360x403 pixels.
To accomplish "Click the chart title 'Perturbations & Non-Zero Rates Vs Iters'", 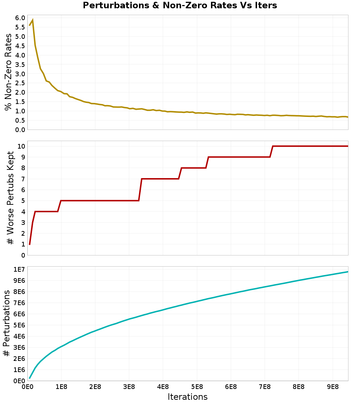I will (180, 5).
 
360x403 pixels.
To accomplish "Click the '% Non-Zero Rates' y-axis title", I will (8, 72).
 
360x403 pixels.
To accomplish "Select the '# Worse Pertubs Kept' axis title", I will (10, 198).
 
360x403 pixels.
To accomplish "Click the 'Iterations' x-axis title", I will (188, 397).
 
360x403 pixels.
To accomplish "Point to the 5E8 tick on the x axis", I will (197, 387).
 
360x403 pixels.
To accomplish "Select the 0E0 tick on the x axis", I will (28, 387).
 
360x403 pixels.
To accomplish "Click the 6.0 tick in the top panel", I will (20, 18).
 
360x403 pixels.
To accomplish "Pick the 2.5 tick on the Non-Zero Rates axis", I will (20, 83).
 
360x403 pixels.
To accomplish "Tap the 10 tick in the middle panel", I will (21, 146).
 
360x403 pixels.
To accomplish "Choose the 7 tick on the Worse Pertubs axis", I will (23, 179).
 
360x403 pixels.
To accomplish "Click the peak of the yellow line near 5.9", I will (33, 20).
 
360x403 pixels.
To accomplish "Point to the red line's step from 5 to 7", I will (140, 190).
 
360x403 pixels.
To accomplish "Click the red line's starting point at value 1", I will (30, 244).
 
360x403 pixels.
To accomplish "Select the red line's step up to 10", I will (271, 151).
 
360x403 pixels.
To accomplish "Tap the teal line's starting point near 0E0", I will (30, 378).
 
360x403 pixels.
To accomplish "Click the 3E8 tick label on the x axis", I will (129, 387).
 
